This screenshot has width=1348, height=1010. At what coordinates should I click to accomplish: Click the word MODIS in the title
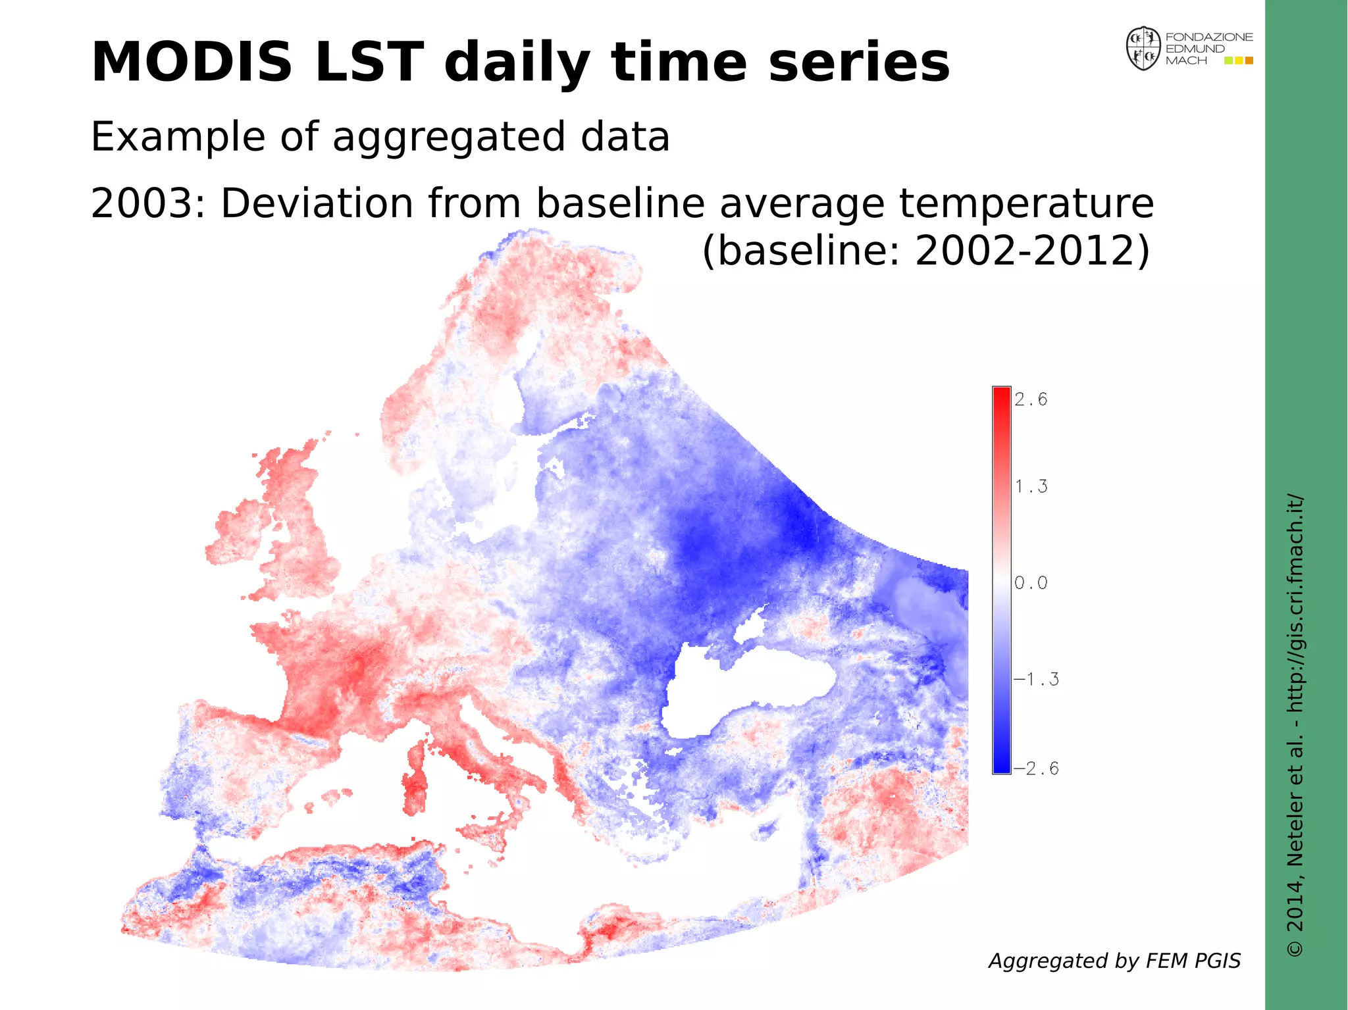(191, 63)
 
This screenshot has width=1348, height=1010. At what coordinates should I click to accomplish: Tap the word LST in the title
(369, 63)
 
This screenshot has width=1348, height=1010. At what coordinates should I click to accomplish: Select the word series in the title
(859, 63)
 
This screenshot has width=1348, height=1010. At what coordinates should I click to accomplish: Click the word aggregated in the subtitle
(448, 138)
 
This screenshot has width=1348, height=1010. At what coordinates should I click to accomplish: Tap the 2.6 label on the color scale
(1031, 399)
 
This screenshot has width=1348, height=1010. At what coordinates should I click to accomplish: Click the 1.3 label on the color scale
(1031, 487)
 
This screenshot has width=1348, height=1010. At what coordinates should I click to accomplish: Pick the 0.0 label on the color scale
(1031, 583)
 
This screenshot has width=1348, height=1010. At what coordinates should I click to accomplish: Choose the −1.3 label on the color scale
(1036, 679)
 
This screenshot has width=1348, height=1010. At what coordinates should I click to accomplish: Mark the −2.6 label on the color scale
(1036, 769)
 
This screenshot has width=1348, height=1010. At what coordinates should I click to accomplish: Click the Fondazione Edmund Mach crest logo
(1143, 49)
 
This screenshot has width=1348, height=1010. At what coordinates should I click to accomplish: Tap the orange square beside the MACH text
(1249, 61)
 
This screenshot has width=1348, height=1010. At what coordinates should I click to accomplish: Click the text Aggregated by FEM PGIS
(1114, 961)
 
